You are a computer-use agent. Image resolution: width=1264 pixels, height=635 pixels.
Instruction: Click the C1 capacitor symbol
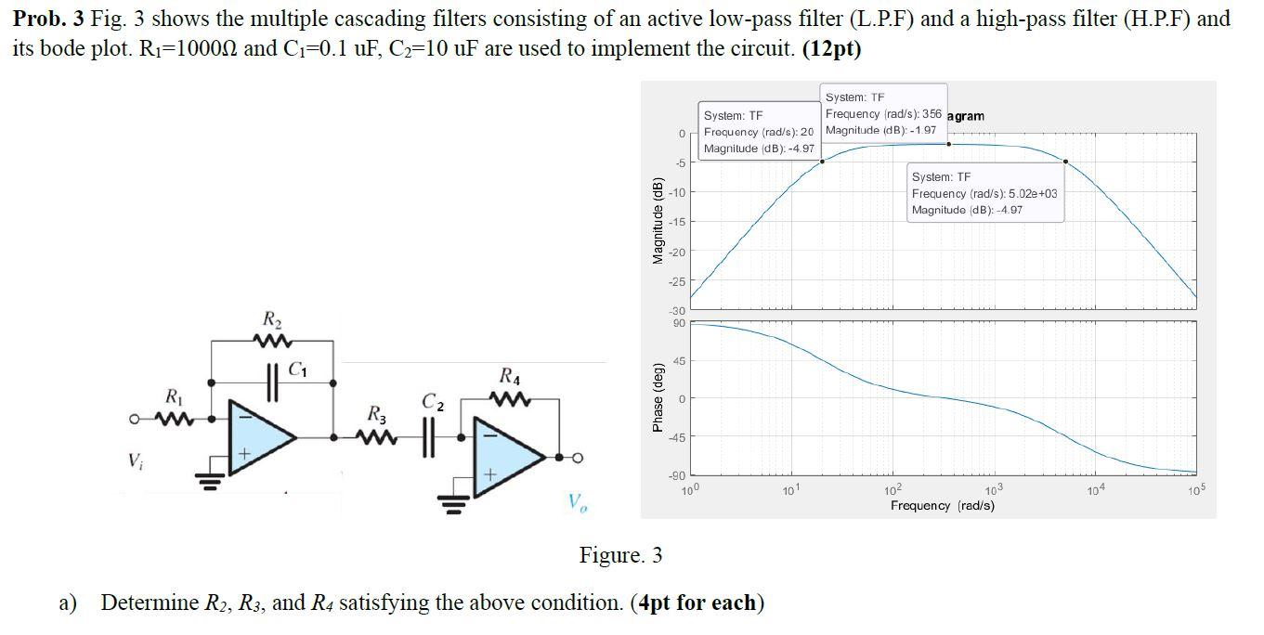tap(273, 382)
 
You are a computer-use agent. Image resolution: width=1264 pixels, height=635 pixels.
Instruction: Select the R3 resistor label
tap(376, 413)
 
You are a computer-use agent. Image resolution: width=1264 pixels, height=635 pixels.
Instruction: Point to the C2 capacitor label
tap(434, 403)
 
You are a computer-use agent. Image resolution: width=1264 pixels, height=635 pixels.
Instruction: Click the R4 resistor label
tap(510, 377)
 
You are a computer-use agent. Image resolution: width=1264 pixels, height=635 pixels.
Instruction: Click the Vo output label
tap(578, 502)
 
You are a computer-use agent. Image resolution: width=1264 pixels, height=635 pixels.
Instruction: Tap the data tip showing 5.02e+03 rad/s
tap(984, 193)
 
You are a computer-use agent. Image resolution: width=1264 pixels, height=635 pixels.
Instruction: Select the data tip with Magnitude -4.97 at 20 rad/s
tap(759, 132)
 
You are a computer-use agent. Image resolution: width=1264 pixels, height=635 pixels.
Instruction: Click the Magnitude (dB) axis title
tap(658, 219)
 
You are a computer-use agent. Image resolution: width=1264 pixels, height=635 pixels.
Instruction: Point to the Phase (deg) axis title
tap(658, 396)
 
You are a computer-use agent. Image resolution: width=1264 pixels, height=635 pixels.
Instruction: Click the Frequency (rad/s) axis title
tap(942, 506)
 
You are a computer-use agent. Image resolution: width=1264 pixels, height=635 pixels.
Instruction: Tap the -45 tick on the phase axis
tap(678, 437)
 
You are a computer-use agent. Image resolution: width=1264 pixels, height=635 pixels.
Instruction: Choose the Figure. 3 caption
tap(620, 555)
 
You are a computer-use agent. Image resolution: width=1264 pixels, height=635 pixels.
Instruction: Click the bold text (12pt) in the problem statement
tap(831, 49)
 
